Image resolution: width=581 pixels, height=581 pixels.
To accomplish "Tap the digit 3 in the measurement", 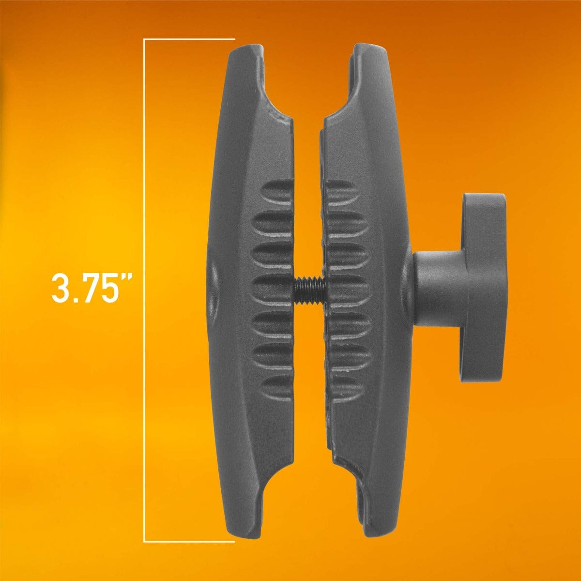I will (x=61, y=289).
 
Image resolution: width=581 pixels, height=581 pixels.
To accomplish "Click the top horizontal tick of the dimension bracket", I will (x=189, y=39).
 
